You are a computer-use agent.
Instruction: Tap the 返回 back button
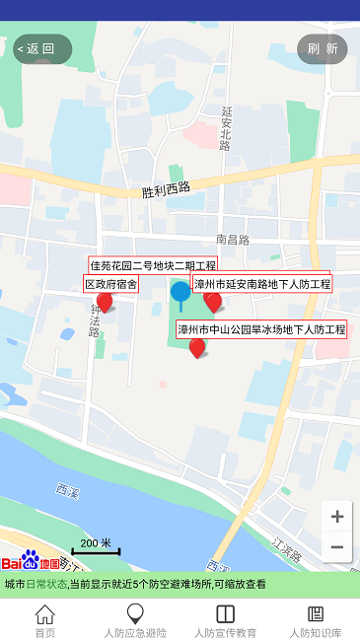[x=41, y=48]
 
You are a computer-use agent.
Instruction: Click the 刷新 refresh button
[x=323, y=48]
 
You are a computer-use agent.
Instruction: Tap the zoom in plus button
[x=337, y=517]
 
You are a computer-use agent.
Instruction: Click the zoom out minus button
[x=337, y=547]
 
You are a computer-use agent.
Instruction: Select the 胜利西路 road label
[x=166, y=188]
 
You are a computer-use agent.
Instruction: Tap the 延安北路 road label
[x=226, y=128]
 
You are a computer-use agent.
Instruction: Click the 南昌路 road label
[x=233, y=240]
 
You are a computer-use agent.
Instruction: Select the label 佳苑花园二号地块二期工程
[x=153, y=265]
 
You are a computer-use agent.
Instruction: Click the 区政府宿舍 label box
[x=110, y=284]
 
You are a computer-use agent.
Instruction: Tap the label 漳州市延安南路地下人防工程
[x=262, y=284]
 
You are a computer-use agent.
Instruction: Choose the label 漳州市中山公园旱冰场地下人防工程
[x=261, y=328]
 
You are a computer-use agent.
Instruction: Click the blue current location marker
[x=180, y=292]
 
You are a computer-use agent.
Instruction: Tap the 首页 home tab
[x=45, y=621]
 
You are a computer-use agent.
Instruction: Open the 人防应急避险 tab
[x=135, y=621]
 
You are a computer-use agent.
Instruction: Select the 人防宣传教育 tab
[x=225, y=621]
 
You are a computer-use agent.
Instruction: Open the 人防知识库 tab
[x=316, y=621]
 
